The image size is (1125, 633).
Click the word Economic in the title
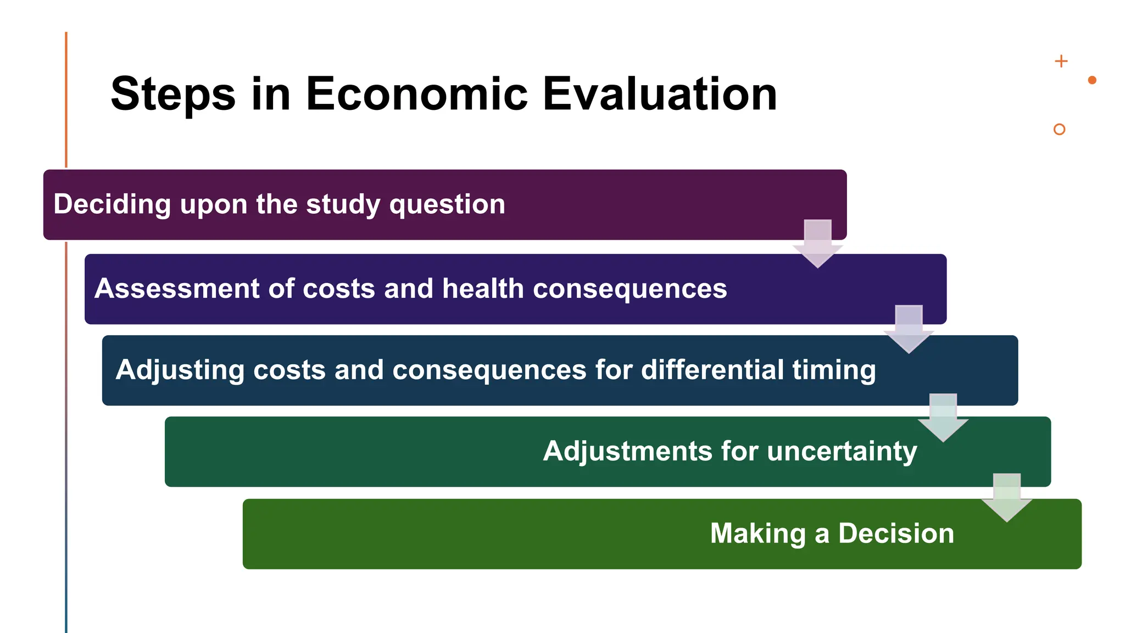416,94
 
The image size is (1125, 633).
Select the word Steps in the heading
173,94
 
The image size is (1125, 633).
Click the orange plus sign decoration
1061,61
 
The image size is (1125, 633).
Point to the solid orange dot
1092,80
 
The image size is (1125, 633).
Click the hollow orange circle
1060,129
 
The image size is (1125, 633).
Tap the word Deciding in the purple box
112,204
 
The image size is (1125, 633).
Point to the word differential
712,369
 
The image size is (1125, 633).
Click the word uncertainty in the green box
842,451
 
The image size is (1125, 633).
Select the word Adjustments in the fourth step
627,451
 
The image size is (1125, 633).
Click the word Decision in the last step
896,533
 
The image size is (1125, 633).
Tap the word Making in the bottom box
758,534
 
